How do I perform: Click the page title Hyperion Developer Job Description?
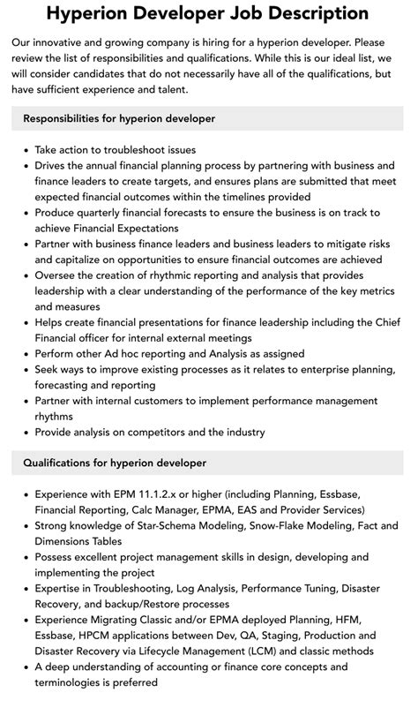click(208, 13)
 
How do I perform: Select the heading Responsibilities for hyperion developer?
click(119, 118)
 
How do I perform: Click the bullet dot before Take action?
click(25, 151)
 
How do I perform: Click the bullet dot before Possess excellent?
click(25, 558)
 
